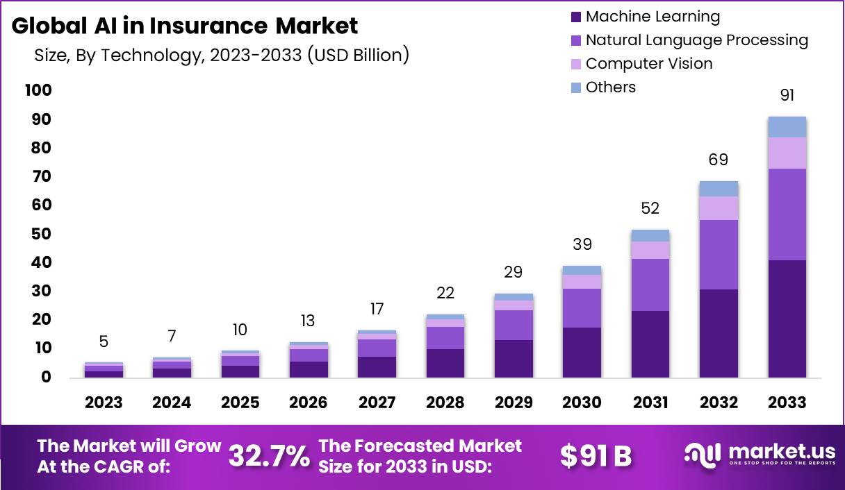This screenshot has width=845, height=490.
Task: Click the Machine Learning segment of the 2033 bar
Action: [787, 319]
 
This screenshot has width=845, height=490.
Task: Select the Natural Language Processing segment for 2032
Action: [719, 255]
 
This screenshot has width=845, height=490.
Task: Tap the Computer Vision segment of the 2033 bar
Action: [787, 153]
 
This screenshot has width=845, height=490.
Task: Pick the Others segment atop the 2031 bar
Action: [650, 235]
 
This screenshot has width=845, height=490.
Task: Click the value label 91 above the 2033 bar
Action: [787, 95]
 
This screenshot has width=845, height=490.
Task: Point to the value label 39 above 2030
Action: [582, 244]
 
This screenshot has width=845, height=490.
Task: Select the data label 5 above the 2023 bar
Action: [104, 341]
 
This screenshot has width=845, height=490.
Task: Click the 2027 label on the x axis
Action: [377, 403]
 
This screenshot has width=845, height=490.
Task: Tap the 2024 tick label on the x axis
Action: [172, 403]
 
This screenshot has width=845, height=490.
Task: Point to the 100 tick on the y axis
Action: [38, 90]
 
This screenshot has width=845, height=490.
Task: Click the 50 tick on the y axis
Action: [41, 234]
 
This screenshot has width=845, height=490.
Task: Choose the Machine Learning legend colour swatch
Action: [575, 17]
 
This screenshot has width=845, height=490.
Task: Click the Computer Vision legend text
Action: [649, 64]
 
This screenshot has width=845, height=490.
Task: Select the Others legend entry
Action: [610, 87]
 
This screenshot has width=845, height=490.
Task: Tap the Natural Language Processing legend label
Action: [696, 40]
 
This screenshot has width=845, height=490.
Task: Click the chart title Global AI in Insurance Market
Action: [185, 26]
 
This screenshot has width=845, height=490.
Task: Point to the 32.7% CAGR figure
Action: [269, 456]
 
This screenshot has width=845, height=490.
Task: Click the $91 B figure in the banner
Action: [596, 456]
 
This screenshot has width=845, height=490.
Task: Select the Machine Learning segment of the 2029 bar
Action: [514, 358]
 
